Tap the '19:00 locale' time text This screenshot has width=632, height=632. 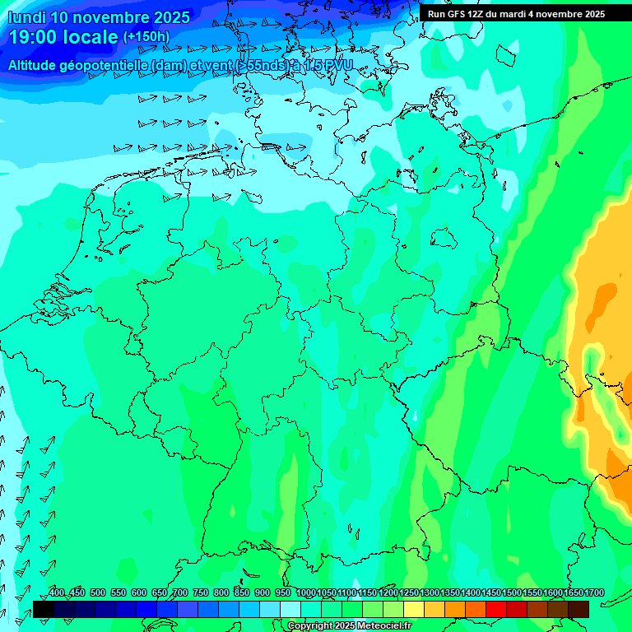pyautogui.click(x=63, y=37)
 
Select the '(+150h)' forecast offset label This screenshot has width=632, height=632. pyautogui.click(x=146, y=37)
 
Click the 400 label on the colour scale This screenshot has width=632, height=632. pyautogui.click(x=57, y=592)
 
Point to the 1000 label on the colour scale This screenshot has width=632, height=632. pyautogui.click(x=305, y=592)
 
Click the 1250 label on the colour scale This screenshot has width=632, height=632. pyautogui.click(x=408, y=592)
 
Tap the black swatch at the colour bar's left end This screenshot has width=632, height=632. pyautogui.click(x=44, y=609)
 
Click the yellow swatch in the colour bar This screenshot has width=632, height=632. pyautogui.click(x=414, y=609)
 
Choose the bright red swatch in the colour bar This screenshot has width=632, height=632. pyautogui.click(x=496, y=609)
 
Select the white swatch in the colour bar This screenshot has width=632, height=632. pyautogui.click(x=290, y=609)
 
